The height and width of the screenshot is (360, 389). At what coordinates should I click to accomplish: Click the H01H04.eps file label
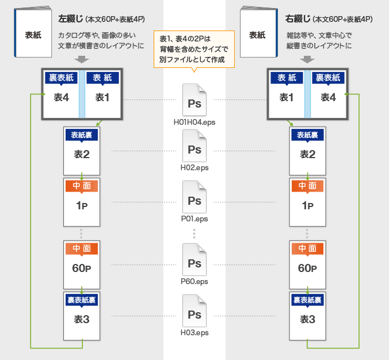click(x=194, y=122)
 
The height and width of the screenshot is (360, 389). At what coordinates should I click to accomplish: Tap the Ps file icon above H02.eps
click(x=194, y=146)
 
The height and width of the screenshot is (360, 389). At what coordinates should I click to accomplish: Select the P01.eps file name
click(x=194, y=219)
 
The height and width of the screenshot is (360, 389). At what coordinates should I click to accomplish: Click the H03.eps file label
click(x=194, y=332)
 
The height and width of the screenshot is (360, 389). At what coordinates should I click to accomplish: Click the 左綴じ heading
click(x=71, y=19)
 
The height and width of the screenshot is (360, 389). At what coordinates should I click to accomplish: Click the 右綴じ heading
click(x=298, y=19)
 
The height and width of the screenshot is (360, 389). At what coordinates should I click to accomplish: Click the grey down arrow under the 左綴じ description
click(x=82, y=59)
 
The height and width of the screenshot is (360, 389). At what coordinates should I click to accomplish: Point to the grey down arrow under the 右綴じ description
click(x=307, y=59)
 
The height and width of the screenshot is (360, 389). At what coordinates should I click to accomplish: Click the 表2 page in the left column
click(x=82, y=150)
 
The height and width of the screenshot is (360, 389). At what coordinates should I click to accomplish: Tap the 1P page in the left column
click(x=82, y=201)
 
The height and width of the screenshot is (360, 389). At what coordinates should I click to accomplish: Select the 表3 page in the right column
click(x=307, y=314)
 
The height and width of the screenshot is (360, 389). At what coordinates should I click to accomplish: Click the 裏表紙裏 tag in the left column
click(x=82, y=300)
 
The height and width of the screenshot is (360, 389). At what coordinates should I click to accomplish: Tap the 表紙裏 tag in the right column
click(x=307, y=135)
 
